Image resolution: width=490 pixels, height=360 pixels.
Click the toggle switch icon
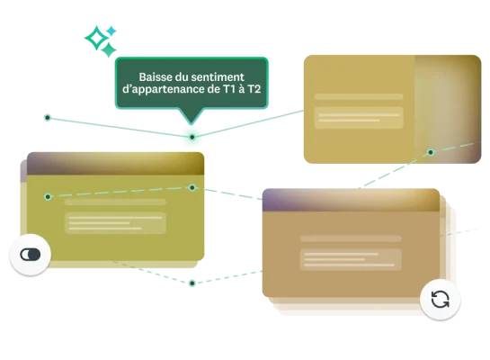(31, 255)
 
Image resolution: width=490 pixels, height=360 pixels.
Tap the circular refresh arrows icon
(440, 300)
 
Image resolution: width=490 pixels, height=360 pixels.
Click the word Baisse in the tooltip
(152, 76)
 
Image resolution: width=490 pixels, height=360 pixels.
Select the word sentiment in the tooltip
(218, 76)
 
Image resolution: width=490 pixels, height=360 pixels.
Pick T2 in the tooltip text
(254, 89)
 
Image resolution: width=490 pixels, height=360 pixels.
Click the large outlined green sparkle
(96, 38)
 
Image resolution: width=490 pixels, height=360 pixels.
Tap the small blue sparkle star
(111, 31)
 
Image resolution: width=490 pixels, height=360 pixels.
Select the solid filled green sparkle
(109, 50)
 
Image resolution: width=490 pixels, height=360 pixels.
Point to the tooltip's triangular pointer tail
(192, 116)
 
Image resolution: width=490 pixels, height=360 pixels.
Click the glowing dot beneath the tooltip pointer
(192, 137)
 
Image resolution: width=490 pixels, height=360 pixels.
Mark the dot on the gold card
(431, 152)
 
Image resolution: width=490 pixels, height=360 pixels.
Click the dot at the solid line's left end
(48, 118)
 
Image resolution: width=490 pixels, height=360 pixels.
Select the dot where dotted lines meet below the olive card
(192, 283)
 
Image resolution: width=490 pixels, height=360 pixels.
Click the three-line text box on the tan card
(351, 259)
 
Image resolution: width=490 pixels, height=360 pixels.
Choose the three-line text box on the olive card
(115, 223)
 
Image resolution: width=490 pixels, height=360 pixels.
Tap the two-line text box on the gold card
(359, 118)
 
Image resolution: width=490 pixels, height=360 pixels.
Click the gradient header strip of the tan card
(351, 200)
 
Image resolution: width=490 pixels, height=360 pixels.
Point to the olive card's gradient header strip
(116, 164)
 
